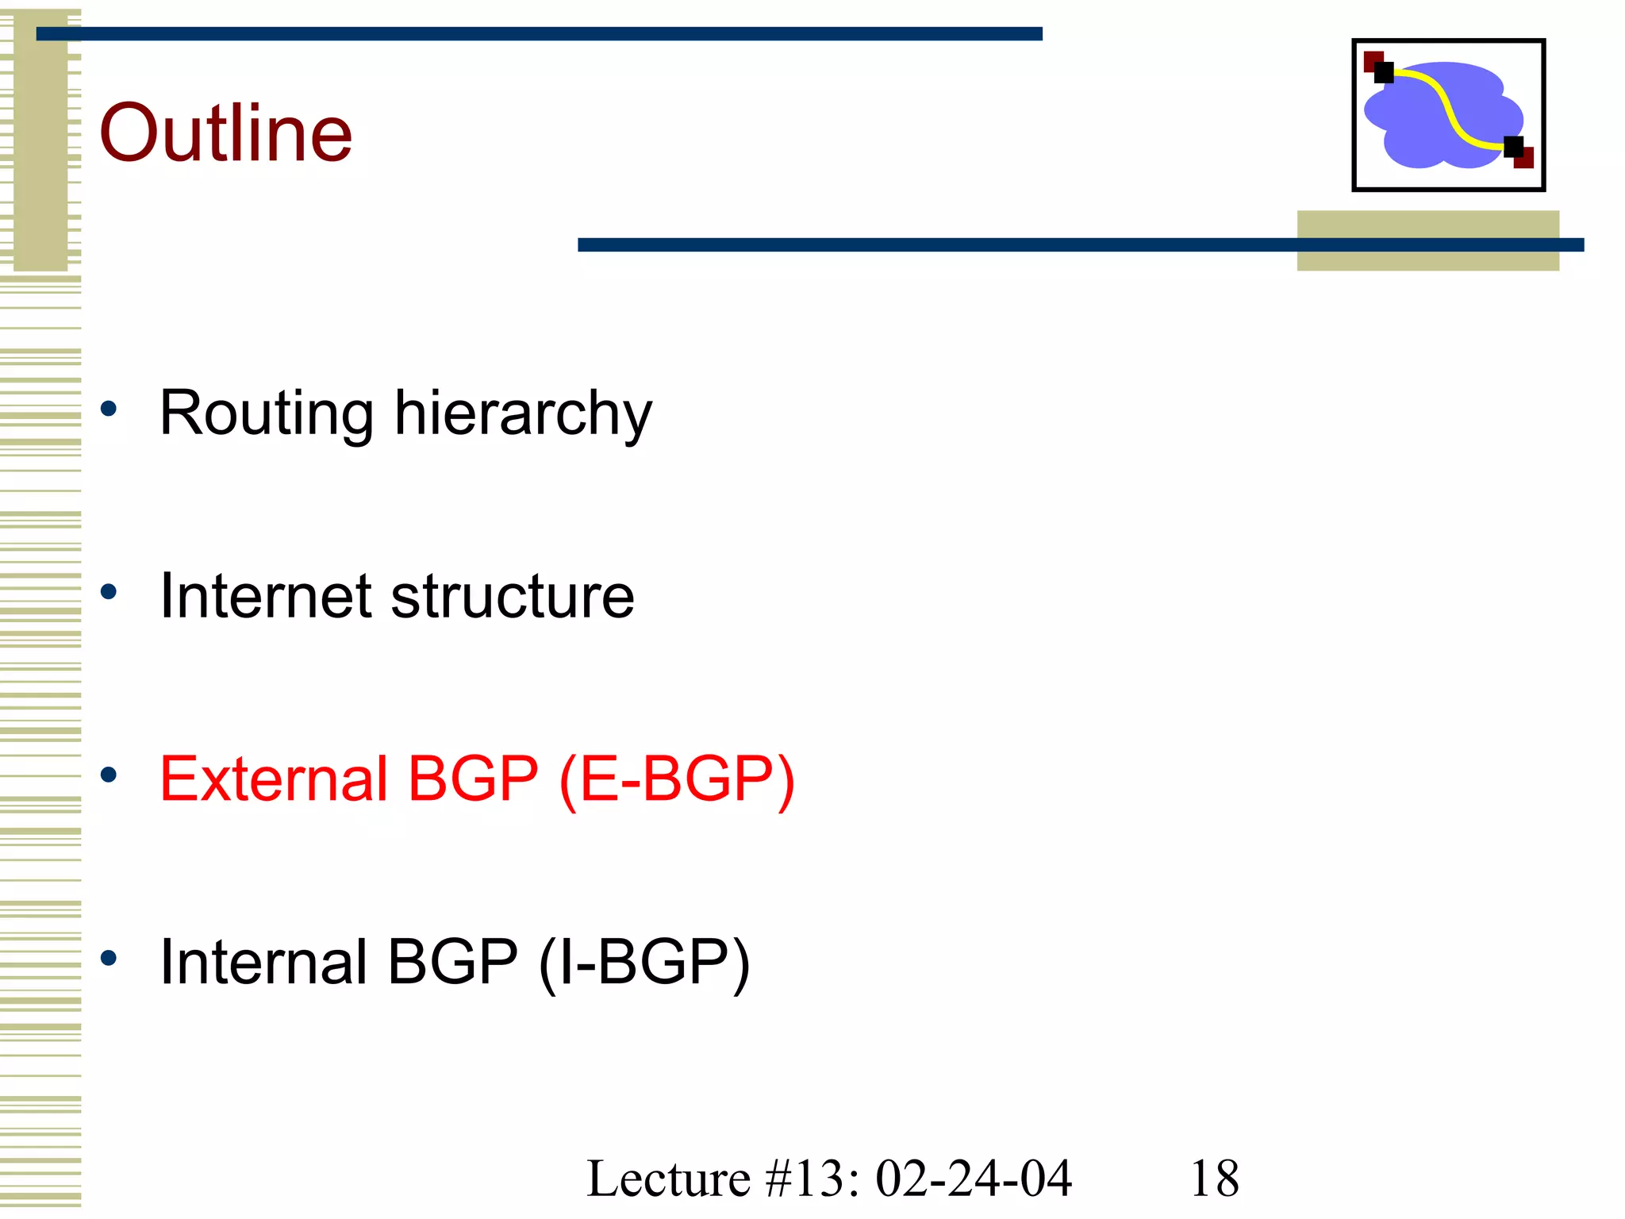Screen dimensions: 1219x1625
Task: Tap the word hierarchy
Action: (523, 414)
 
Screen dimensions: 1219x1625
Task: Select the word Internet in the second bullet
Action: (265, 596)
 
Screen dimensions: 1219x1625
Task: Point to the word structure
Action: (513, 596)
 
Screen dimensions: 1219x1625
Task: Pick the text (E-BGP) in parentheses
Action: (676, 780)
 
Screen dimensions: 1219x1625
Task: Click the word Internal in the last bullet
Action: (263, 962)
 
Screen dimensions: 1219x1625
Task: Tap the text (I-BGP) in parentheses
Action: (643, 963)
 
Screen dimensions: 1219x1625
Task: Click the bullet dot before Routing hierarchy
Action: (109, 410)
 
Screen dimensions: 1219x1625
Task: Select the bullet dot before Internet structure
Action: (109, 592)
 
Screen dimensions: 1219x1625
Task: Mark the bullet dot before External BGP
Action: (109, 775)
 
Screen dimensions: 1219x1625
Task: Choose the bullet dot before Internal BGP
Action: (109, 958)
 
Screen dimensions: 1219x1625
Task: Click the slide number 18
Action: (1214, 1179)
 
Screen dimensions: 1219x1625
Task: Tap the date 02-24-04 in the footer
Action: (974, 1179)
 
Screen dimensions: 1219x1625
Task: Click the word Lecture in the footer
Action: (668, 1179)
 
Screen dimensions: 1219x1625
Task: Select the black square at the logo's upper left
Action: (1384, 73)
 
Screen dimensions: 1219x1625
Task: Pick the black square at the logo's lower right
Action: (1513, 147)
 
